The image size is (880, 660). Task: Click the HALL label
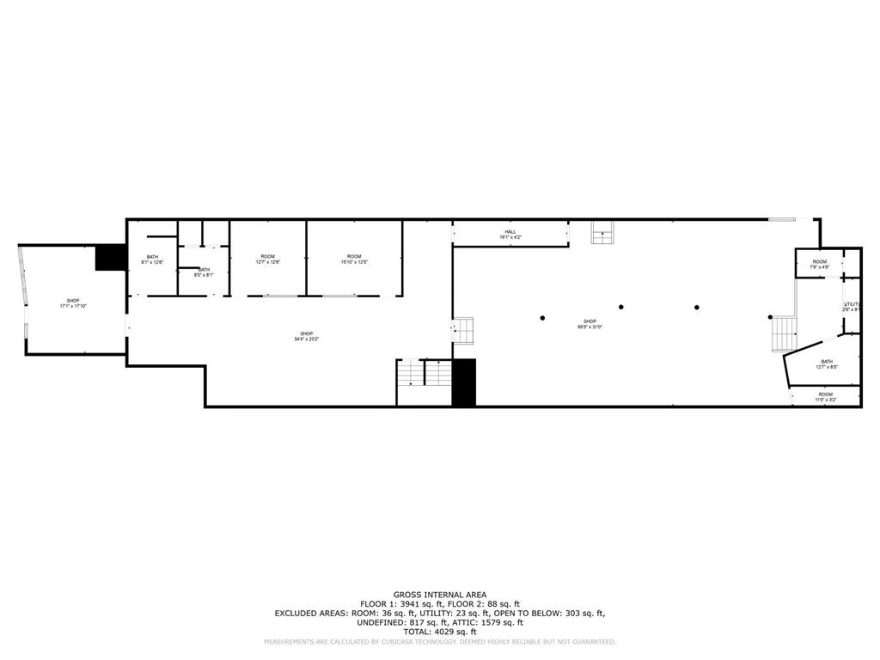(x=510, y=234)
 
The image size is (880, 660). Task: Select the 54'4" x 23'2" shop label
(x=307, y=336)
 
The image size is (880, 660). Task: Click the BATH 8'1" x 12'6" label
(x=152, y=260)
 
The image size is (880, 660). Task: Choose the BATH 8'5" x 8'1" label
(x=205, y=272)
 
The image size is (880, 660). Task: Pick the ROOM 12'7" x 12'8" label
(x=268, y=260)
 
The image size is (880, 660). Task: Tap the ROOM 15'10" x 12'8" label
(x=354, y=260)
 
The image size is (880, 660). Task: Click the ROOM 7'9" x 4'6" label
(x=819, y=265)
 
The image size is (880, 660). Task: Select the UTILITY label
(x=852, y=306)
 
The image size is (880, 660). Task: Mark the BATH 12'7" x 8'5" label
(x=826, y=364)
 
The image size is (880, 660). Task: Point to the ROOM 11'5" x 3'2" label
(x=825, y=397)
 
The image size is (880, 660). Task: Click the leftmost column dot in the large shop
(x=542, y=318)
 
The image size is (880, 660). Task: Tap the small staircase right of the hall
(x=602, y=232)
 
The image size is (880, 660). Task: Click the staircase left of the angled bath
(x=784, y=333)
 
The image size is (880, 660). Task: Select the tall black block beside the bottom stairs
(x=463, y=382)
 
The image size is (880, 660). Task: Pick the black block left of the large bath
(x=110, y=258)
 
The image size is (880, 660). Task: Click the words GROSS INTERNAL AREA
(x=439, y=595)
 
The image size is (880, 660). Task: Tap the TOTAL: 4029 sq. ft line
(x=439, y=632)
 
